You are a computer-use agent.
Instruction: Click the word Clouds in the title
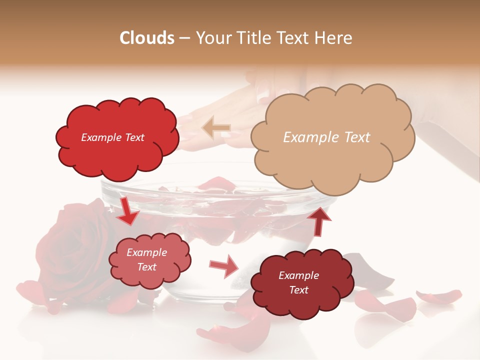point(147,38)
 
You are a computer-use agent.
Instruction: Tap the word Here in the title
point(334,38)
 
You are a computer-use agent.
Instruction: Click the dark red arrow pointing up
point(318,220)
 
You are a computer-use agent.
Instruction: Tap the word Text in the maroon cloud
point(298,290)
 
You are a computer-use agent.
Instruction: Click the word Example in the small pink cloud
point(147,252)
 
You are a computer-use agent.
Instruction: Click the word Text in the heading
point(299,38)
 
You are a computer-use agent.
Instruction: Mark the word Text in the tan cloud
point(356,137)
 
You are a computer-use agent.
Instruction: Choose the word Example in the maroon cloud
point(298,275)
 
